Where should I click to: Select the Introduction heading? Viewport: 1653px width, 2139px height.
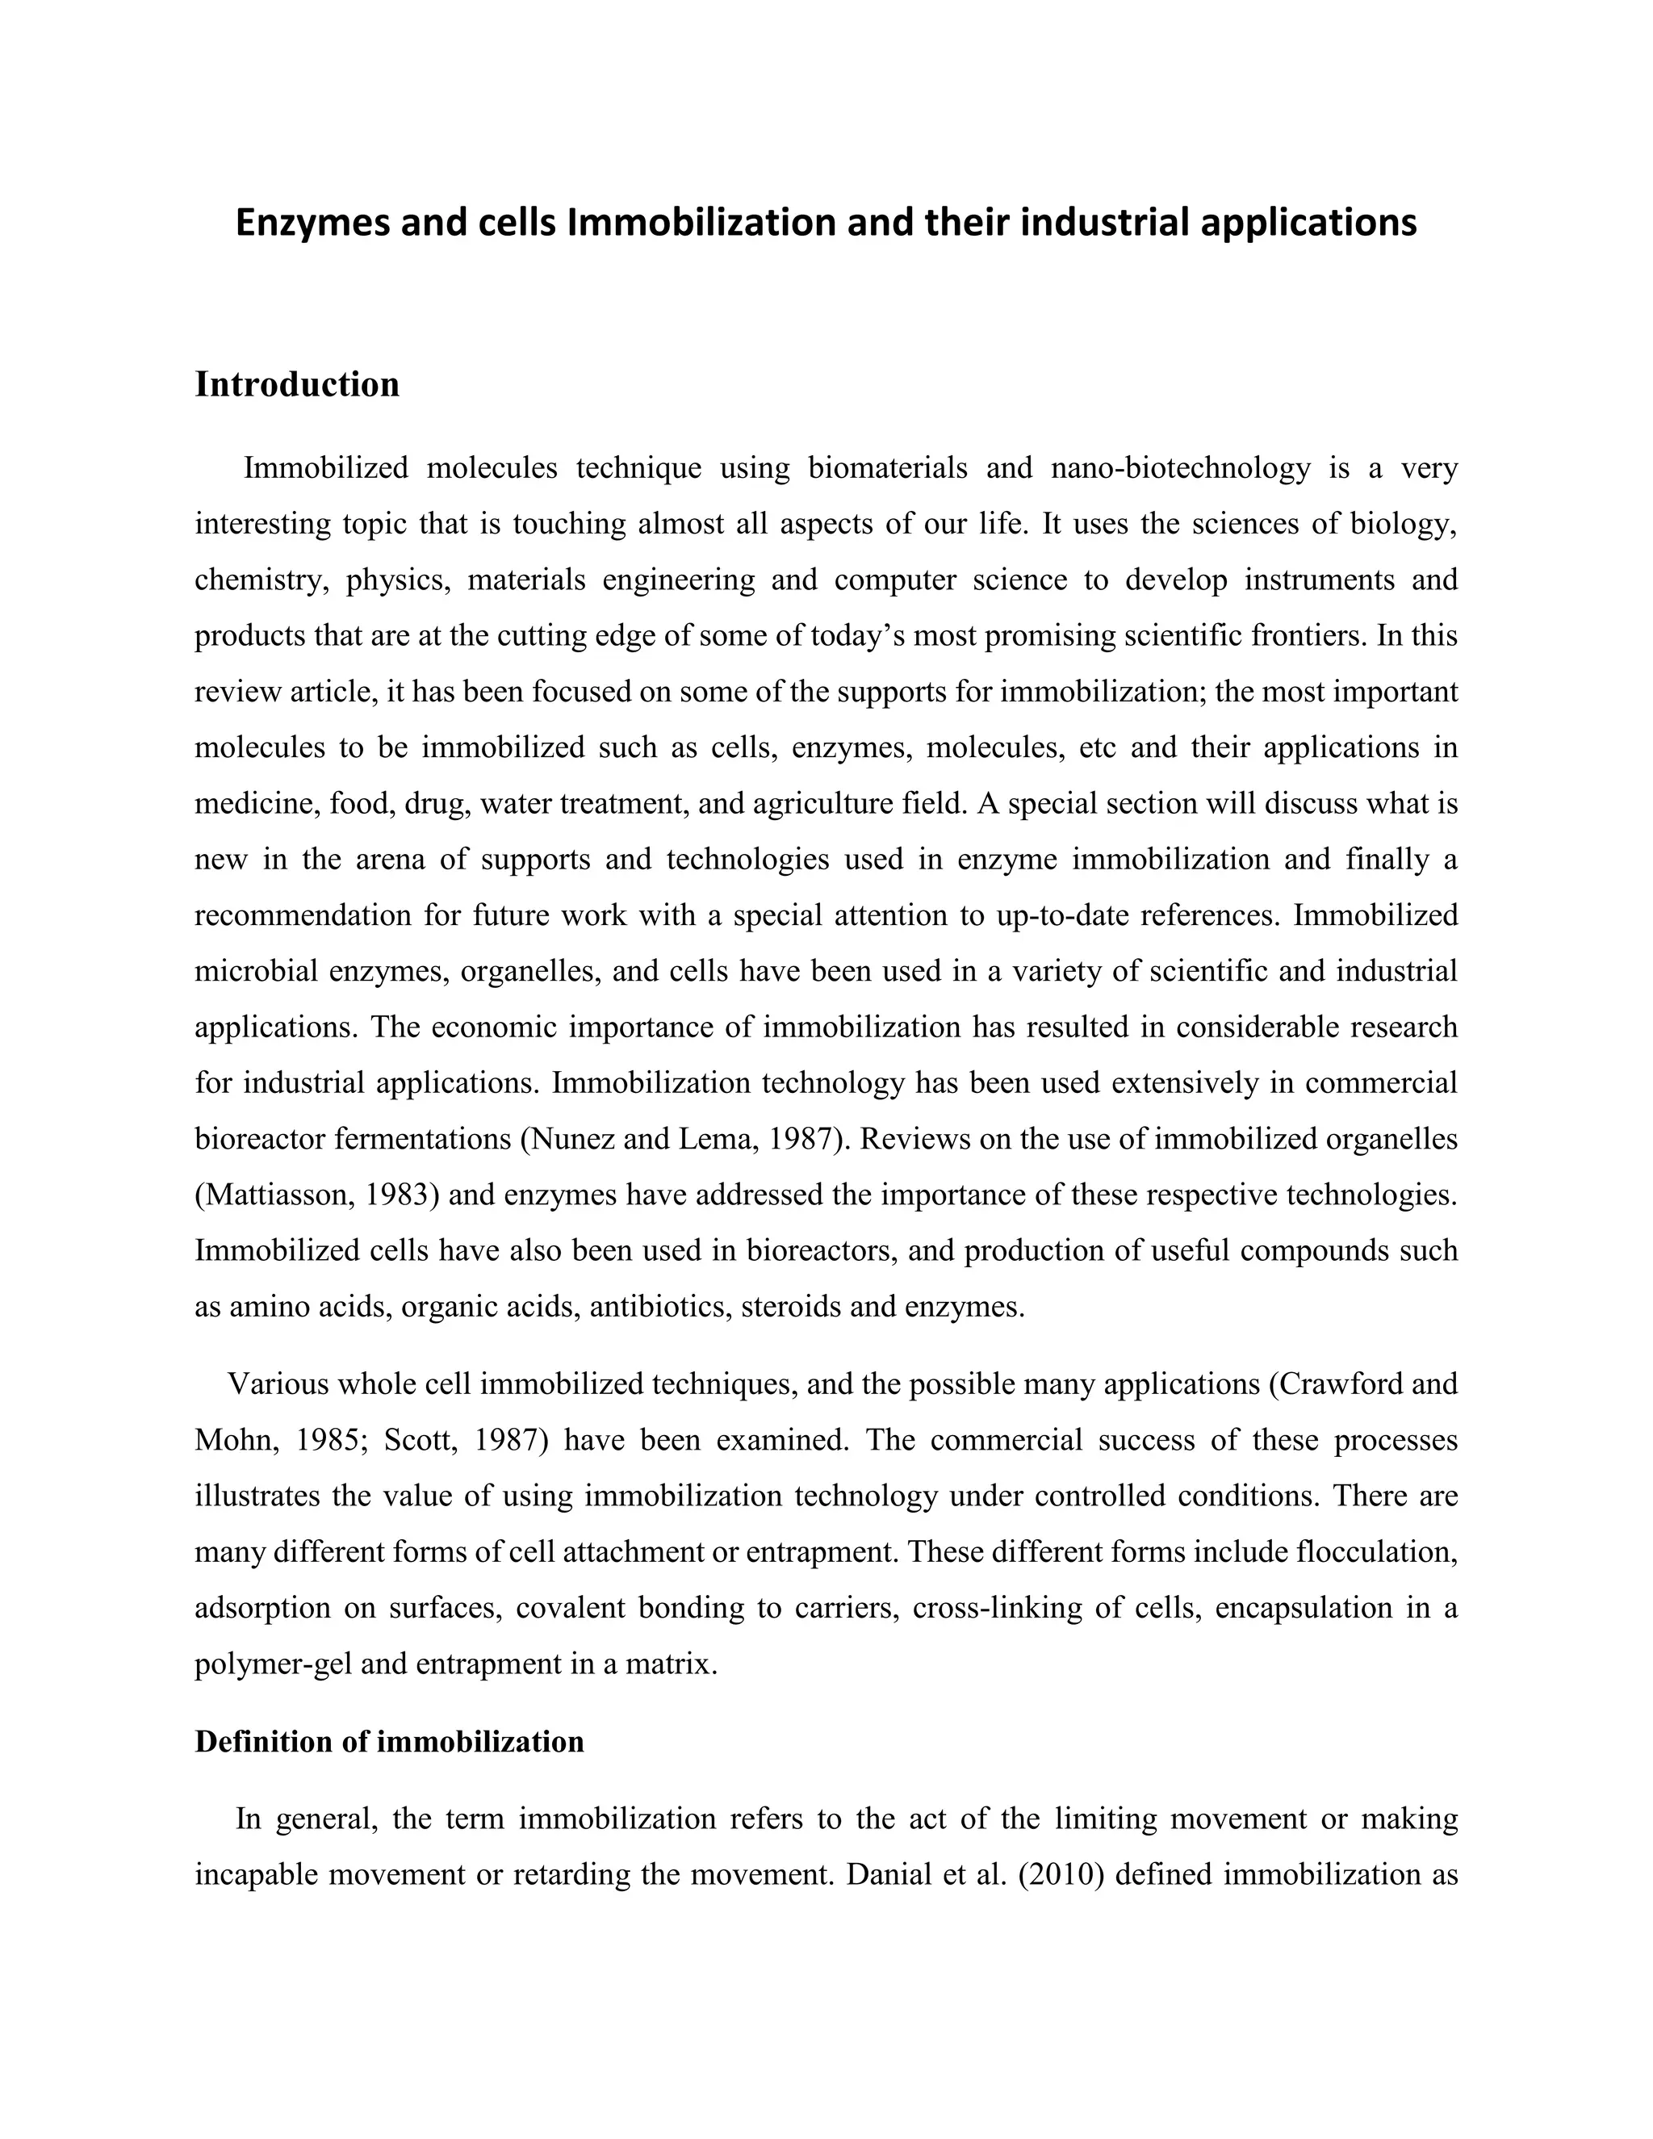297,385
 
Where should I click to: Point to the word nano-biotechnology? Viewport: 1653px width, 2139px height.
1179,468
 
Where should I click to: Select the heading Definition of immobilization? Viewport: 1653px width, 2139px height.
389,1740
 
